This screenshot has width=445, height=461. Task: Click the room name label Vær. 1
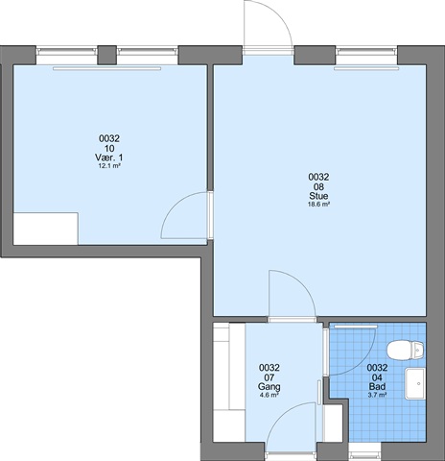[x=108, y=158]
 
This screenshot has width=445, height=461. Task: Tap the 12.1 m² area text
[x=109, y=166]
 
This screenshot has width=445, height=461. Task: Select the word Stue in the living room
[x=318, y=196]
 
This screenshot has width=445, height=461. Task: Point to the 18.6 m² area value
[x=318, y=205]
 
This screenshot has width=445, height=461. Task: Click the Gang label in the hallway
[x=269, y=386]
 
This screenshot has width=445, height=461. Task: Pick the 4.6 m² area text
[x=269, y=395]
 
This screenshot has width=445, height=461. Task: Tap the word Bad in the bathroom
[x=377, y=386]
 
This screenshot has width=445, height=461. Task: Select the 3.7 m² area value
[x=377, y=395]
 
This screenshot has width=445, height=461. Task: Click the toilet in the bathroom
[x=406, y=350]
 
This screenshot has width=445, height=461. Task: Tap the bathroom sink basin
[x=415, y=383]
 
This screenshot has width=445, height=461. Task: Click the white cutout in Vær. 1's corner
[x=45, y=229]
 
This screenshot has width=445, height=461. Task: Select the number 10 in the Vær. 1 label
[x=109, y=148]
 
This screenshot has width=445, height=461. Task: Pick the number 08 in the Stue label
[x=318, y=186]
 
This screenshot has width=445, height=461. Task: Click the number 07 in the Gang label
[x=269, y=377]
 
